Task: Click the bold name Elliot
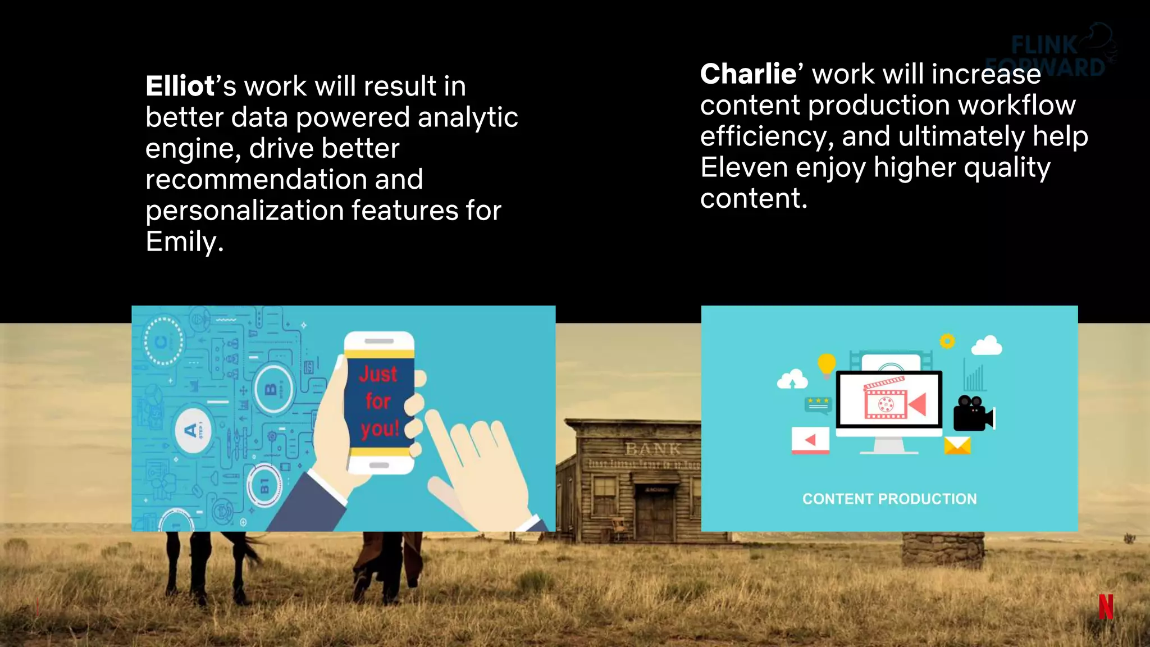pos(180,86)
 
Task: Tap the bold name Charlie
pos(748,74)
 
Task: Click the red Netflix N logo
pos(1106,607)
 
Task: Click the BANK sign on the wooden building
pos(652,449)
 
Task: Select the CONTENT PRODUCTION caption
pos(889,499)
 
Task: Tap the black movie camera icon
pos(973,414)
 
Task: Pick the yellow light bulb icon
pos(827,364)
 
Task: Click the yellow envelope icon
pos(957,446)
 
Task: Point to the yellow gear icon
pos(947,341)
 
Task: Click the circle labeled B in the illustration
pos(273,389)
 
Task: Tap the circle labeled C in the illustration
pos(163,341)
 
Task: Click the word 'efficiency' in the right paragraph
pos(766,136)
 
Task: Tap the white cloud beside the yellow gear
pos(987,345)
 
